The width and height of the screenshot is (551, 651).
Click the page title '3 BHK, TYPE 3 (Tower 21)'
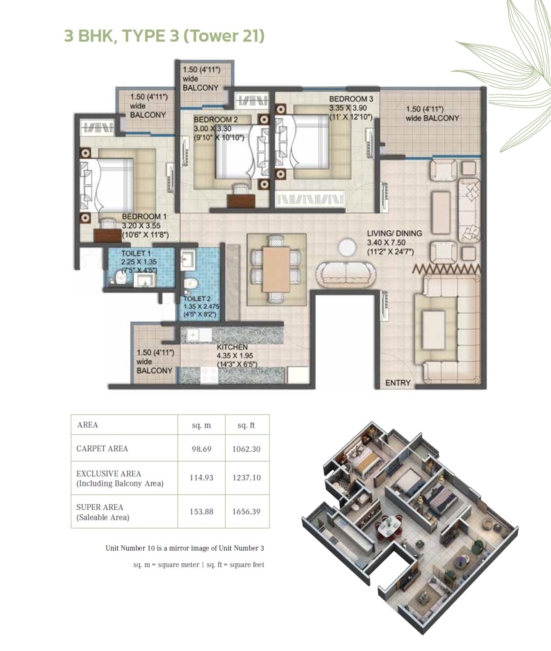coord(164,36)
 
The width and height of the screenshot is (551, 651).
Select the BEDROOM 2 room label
coord(215,120)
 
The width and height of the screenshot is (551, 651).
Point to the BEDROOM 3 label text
coord(351,99)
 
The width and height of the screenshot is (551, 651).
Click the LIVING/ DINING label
coord(394,233)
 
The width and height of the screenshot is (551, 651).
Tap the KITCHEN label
coord(232,347)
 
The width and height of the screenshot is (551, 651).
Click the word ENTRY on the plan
coord(398,383)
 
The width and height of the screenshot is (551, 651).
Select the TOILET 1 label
coord(136,254)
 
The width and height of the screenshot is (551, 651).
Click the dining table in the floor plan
coord(276,269)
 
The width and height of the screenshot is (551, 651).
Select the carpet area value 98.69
coord(202,449)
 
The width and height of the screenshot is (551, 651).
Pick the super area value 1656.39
coord(246,511)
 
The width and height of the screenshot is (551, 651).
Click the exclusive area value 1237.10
coord(246,478)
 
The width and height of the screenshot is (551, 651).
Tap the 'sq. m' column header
coord(201,425)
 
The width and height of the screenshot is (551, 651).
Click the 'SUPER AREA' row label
coord(100,507)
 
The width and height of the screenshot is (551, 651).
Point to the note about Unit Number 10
coord(185,548)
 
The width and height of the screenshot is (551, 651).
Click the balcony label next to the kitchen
coord(154,361)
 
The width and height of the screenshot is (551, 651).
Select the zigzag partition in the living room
coord(446,269)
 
